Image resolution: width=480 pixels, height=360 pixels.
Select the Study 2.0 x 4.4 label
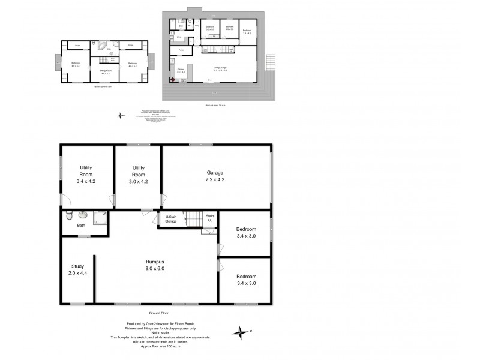click(77, 269)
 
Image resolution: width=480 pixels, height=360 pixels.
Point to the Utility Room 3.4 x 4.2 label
click(86, 174)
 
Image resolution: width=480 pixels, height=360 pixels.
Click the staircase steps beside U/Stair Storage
click(193, 218)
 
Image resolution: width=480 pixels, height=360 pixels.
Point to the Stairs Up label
click(210, 218)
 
